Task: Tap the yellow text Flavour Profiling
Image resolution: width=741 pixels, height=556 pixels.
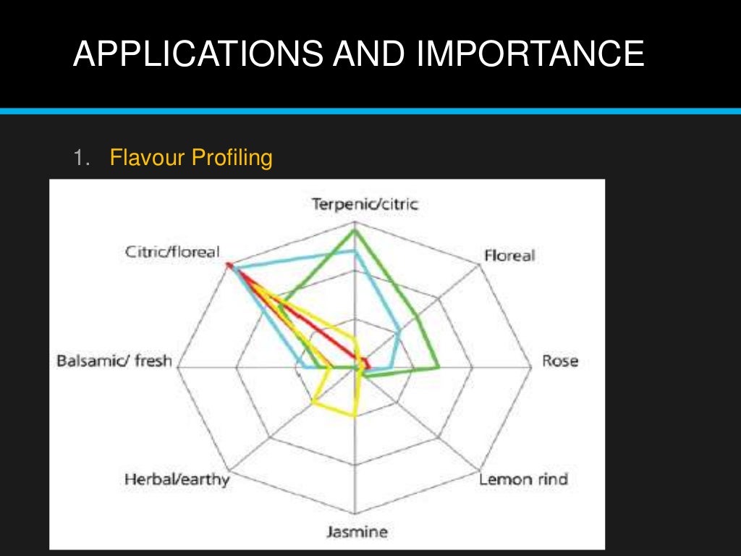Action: click(x=191, y=157)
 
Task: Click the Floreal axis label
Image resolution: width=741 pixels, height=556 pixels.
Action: click(x=509, y=255)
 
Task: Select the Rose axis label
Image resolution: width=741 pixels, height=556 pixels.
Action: click(x=560, y=361)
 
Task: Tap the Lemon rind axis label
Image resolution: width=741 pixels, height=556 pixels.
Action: click(x=524, y=479)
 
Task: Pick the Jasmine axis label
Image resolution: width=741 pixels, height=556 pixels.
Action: click(x=356, y=532)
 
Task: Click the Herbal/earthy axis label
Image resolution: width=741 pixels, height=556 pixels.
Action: click(x=177, y=479)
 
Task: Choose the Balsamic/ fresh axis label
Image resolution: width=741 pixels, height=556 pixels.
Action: click(x=114, y=361)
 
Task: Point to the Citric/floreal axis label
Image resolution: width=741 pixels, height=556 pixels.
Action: click(x=172, y=252)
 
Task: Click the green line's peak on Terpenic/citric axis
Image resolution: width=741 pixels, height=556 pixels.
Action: click(x=355, y=231)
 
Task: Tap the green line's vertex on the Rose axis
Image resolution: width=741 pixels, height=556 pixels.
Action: click(x=439, y=368)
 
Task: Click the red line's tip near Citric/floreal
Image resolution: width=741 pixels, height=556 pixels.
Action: click(x=229, y=265)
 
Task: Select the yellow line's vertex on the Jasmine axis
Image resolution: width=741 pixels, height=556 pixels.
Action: click(x=355, y=416)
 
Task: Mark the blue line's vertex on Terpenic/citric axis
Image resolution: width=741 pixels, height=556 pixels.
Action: click(x=355, y=250)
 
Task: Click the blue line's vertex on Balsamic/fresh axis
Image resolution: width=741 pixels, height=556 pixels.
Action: click(x=302, y=368)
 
